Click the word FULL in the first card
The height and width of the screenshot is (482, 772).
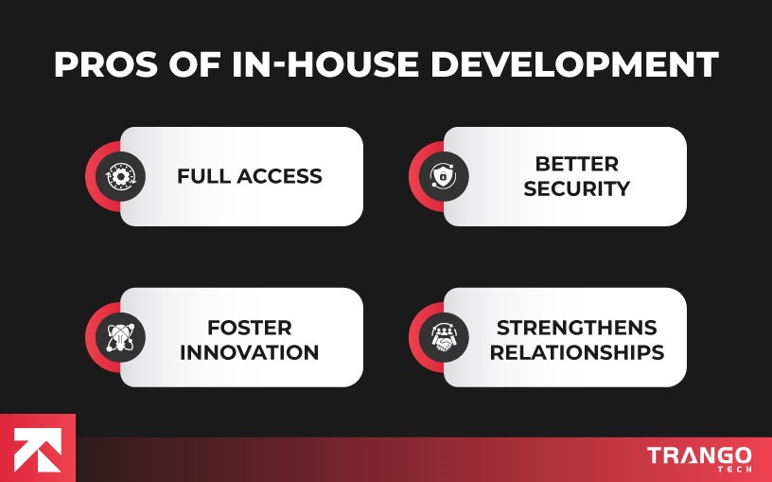pyautogui.click(x=204, y=176)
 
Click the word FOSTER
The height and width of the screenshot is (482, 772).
pyautogui.click(x=249, y=329)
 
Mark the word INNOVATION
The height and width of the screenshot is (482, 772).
pyautogui.click(x=249, y=352)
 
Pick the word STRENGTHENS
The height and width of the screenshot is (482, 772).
pyautogui.click(x=576, y=329)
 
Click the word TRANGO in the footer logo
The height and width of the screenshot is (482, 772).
pyautogui.click(x=699, y=455)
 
